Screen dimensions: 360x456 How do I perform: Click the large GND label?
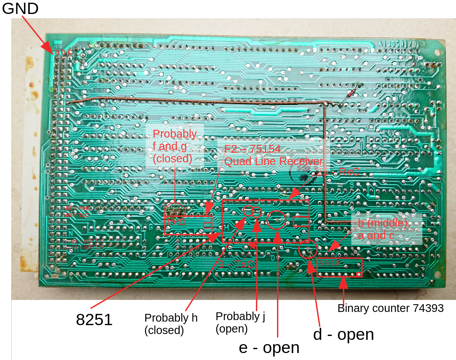(20, 9)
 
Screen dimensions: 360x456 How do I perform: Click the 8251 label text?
(94, 320)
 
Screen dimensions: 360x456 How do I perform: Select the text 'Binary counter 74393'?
(391, 308)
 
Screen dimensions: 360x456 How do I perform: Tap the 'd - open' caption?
(343, 334)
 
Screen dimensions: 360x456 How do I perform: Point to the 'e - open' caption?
(269, 348)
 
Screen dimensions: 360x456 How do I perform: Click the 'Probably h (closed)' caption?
(171, 324)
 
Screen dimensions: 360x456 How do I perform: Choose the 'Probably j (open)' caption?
(240, 322)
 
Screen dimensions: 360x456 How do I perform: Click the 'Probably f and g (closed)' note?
(174, 146)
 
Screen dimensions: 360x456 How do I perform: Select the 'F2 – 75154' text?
(252, 150)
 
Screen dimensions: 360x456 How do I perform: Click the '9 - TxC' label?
(236, 265)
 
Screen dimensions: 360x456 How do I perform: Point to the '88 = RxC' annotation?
(77, 208)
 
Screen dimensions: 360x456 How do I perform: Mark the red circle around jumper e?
(276, 220)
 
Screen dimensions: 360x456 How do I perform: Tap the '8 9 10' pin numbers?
(329, 263)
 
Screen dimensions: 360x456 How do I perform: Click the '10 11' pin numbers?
(176, 222)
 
